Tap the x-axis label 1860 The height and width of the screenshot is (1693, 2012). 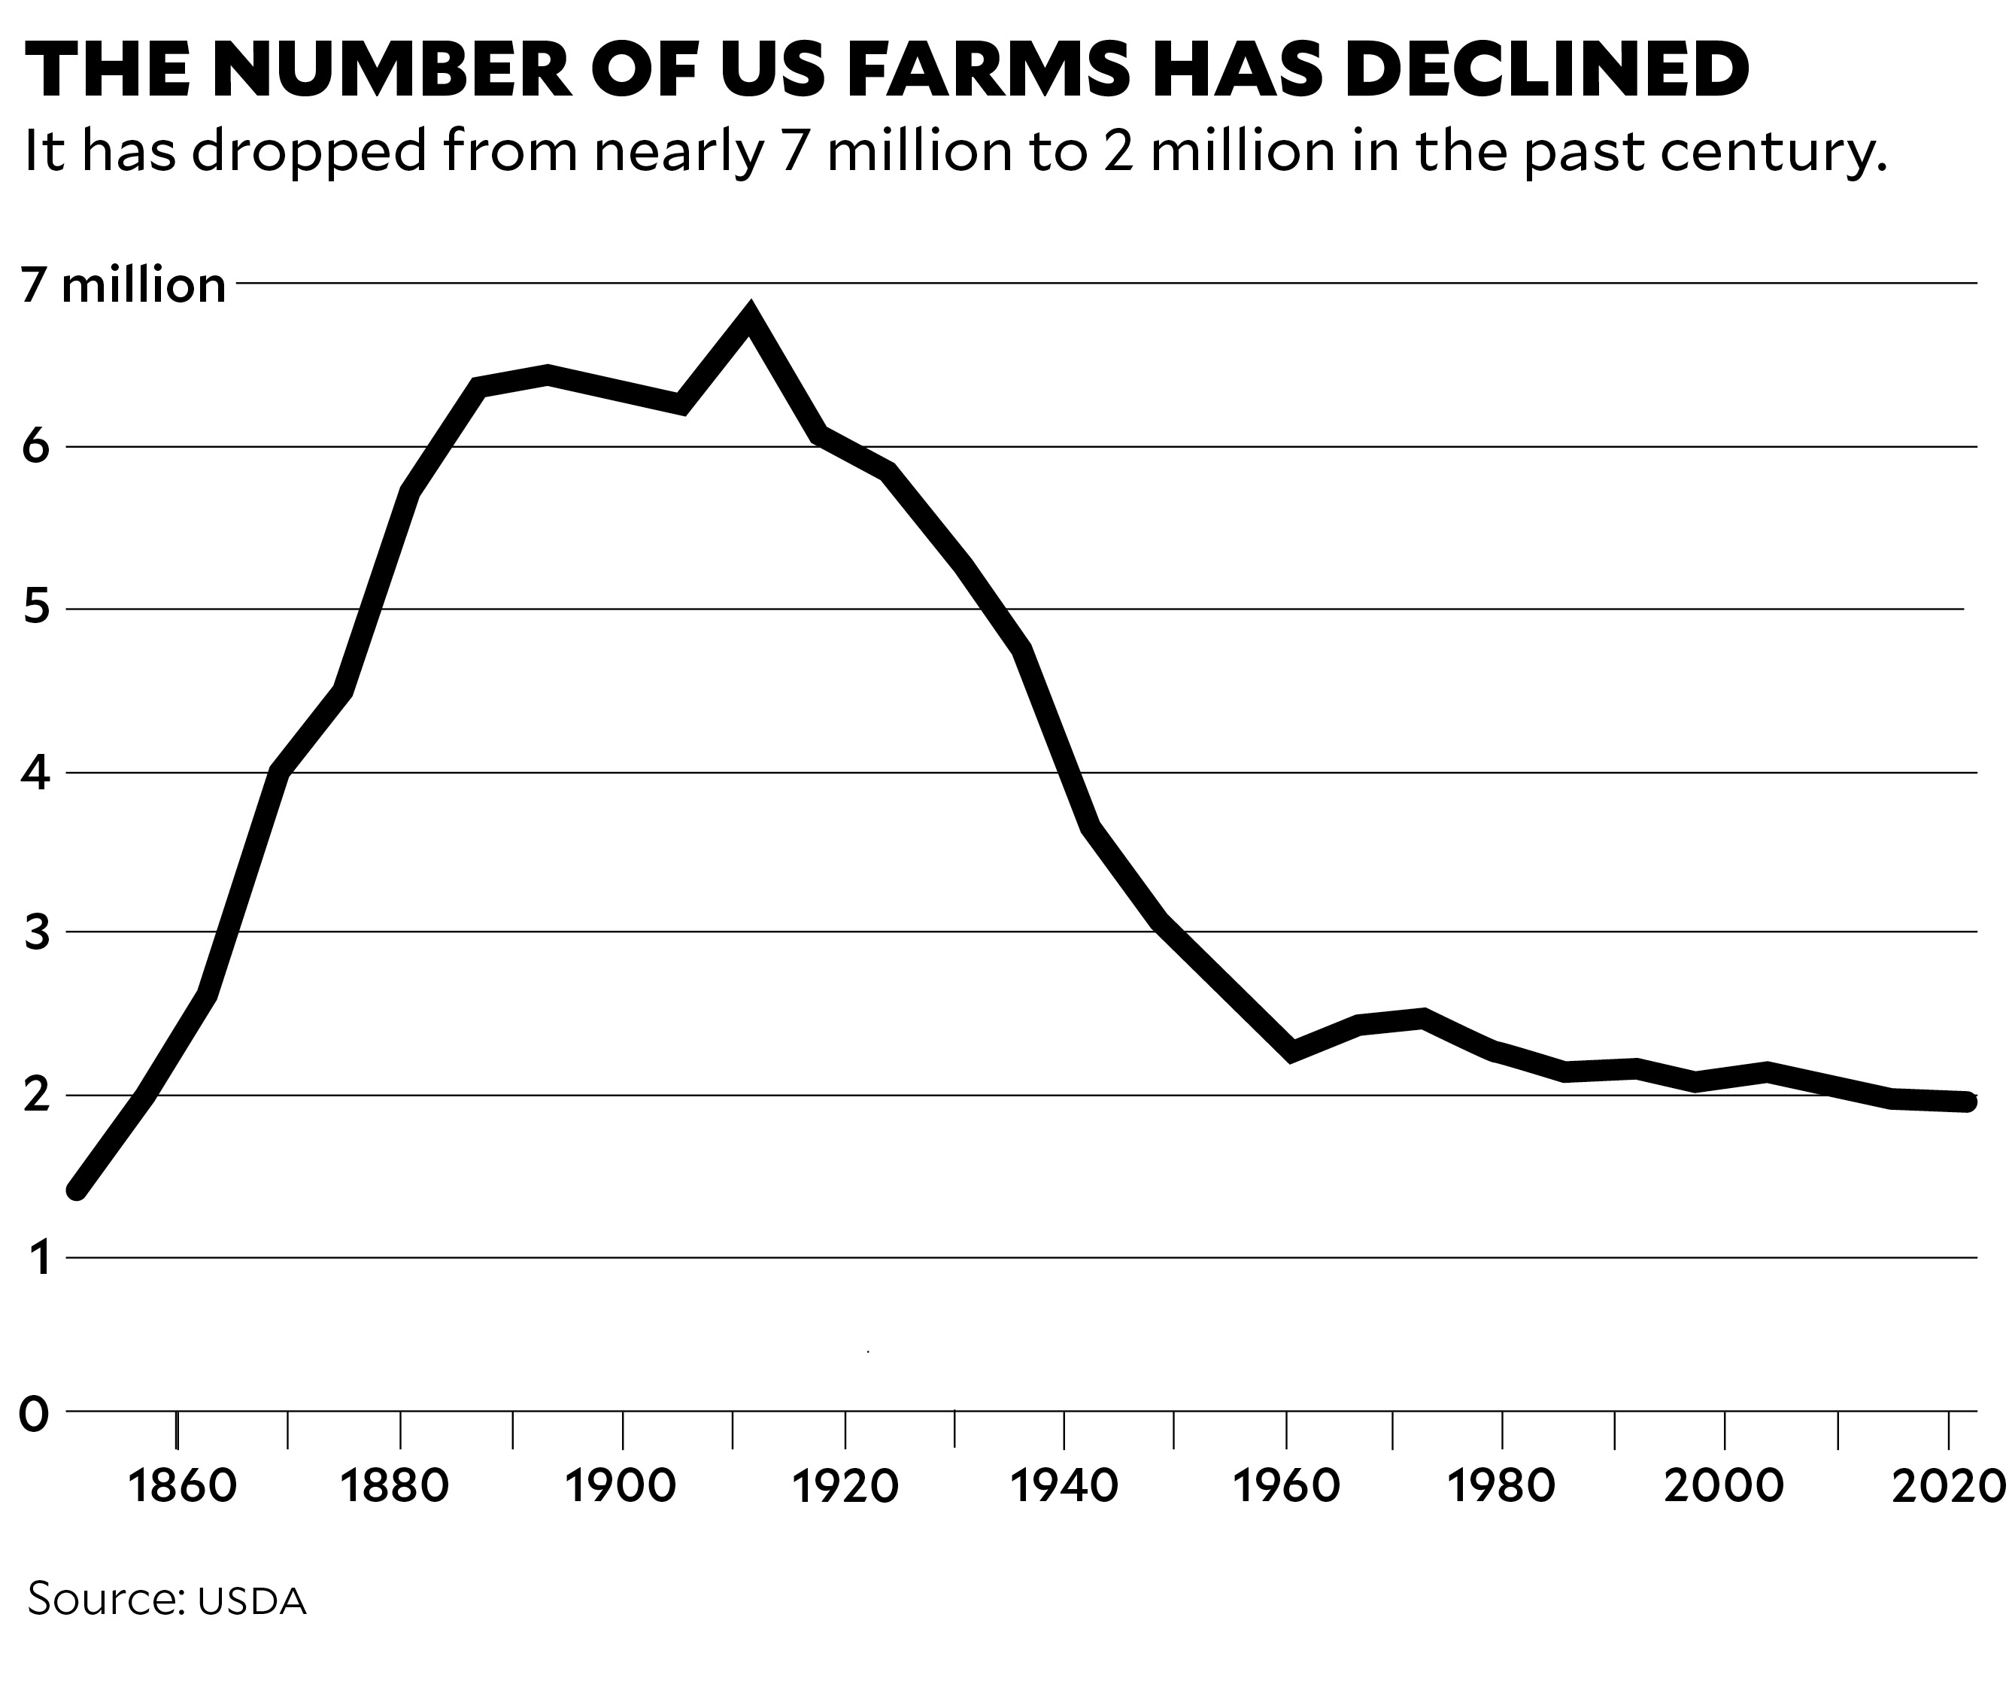pyautogui.click(x=181, y=1485)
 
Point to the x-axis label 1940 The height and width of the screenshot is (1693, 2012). pyautogui.click(x=1064, y=1485)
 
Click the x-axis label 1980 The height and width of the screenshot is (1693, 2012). pyautogui.click(x=1501, y=1485)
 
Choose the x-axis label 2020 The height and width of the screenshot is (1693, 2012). pyautogui.click(x=1949, y=1485)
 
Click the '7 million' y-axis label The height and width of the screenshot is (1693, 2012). pyautogui.click(x=123, y=285)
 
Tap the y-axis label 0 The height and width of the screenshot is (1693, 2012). pyautogui.click(x=34, y=1414)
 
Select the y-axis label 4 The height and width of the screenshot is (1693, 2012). pyautogui.click(x=35, y=773)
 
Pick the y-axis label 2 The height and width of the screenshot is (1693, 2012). pyautogui.click(x=35, y=1095)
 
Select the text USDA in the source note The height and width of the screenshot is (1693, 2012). pyautogui.click(x=251, y=1601)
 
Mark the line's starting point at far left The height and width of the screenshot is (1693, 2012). pyautogui.click(x=77, y=1190)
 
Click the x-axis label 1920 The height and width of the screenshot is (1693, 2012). pyautogui.click(x=845, y=1485)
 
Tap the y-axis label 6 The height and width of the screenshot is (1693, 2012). pyautogui.click(x=35, y=446)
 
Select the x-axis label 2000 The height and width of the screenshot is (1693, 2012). pyautogui.click(x=1723, y=1485)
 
